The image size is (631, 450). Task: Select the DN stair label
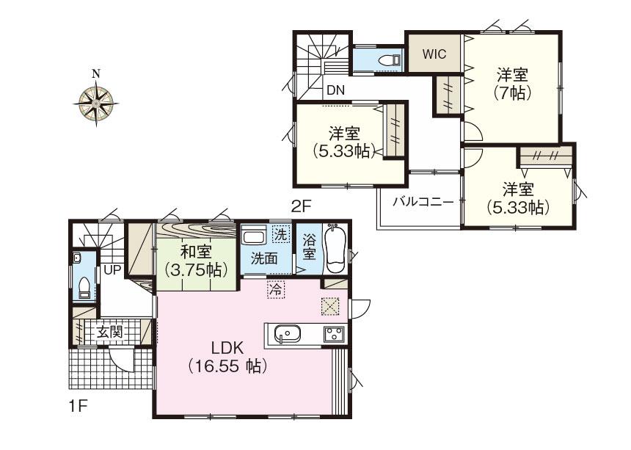click(335, 90)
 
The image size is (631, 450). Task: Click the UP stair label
click(112, 269)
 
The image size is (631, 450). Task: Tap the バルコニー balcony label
click(422, 201)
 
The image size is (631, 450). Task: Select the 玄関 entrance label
click(109, 332)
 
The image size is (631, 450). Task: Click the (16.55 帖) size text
click(227, 365)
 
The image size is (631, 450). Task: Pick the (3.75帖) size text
click(194, 269)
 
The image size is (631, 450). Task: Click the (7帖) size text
click(514, 93)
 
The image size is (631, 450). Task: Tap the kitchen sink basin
click(286, 335)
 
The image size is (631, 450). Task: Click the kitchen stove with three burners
click(334, 334)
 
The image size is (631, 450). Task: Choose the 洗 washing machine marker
click(280, 236)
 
